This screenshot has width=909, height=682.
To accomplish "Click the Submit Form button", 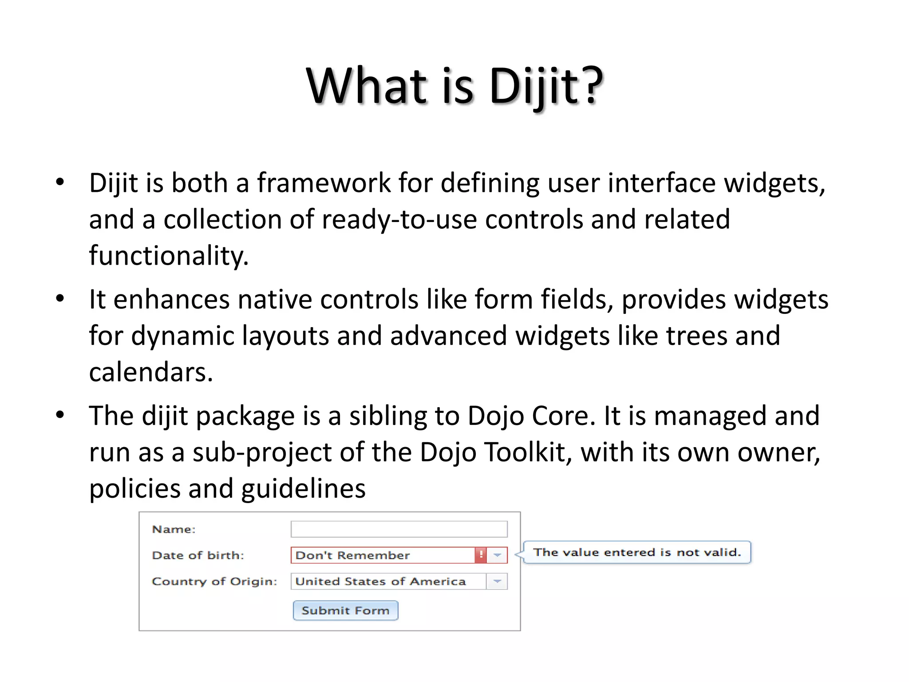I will (345, 611).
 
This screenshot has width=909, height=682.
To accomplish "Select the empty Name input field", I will (399, 529).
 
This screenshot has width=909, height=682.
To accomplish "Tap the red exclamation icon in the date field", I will (481, 555).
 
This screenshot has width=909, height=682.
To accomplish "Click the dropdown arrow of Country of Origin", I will (497, 581).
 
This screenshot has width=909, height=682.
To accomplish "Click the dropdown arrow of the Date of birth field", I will (497, 555).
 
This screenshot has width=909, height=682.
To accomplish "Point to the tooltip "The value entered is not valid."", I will (637, 552).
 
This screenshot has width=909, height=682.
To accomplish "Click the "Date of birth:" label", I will (198, 555).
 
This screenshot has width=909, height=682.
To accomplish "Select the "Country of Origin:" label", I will (214, 582).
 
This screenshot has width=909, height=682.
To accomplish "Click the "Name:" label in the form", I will (174, 529).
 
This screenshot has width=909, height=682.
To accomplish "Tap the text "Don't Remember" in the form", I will (352, 555).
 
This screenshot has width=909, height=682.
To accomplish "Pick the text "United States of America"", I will (380, 582).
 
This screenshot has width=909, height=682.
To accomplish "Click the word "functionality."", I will (169, 256).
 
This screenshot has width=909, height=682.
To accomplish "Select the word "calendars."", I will (151, 372).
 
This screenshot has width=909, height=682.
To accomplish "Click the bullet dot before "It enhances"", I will (60, 299).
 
